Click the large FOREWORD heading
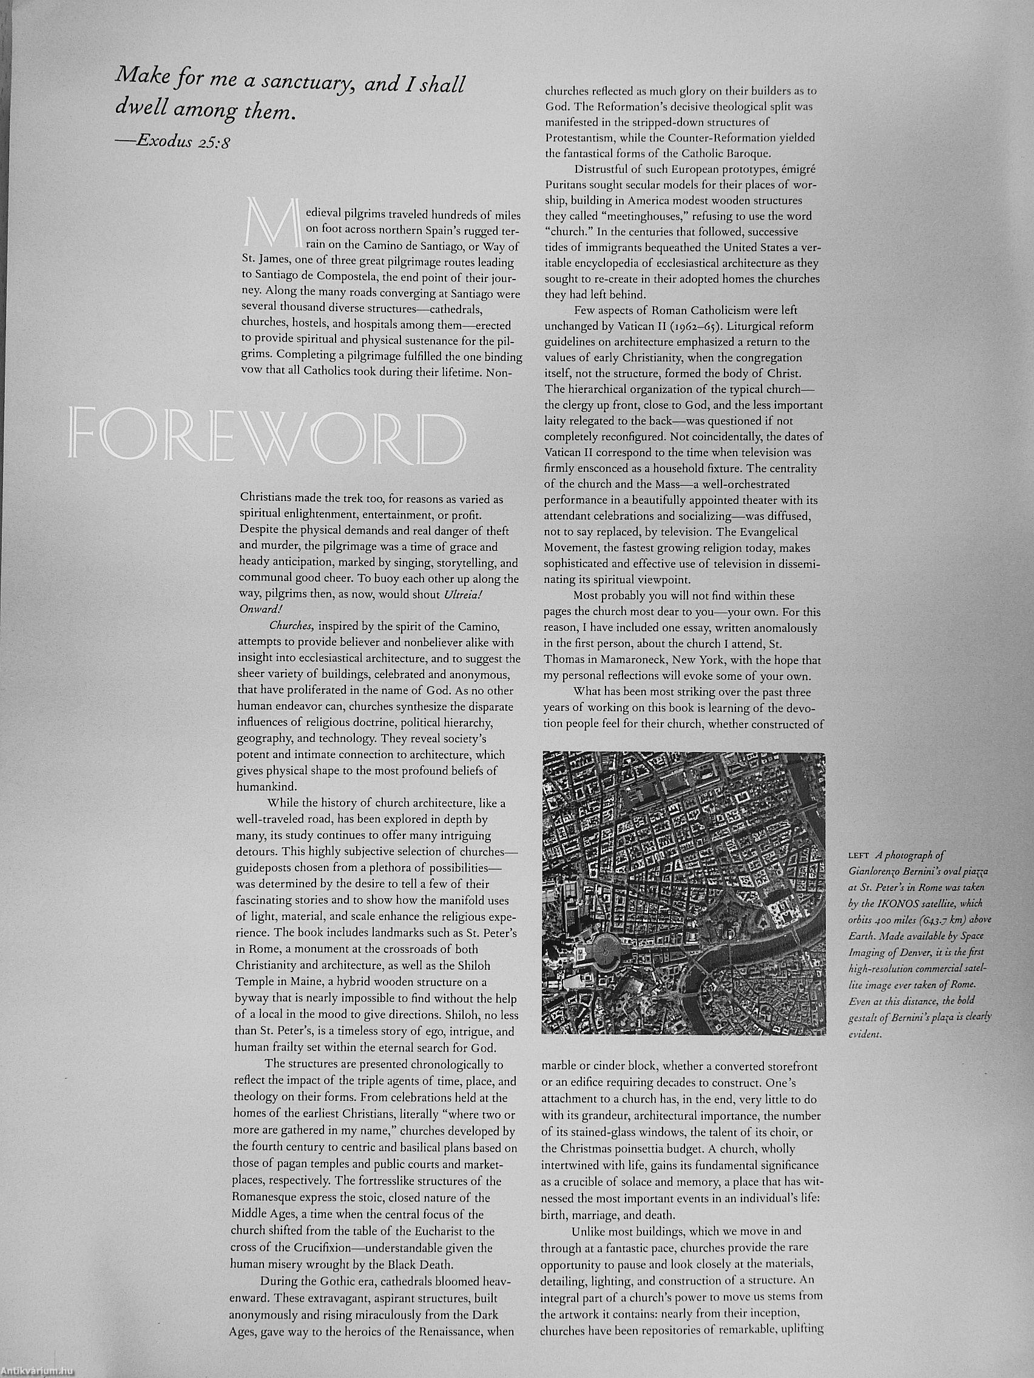(x=268, y=436)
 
